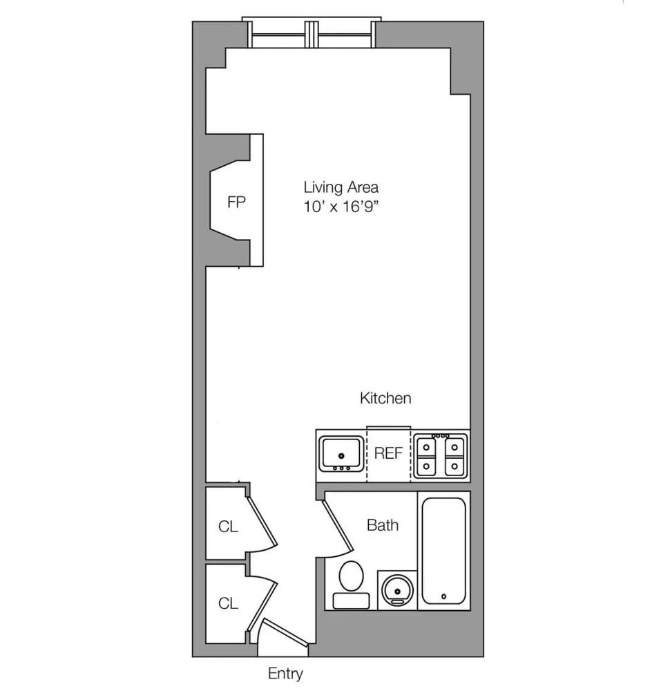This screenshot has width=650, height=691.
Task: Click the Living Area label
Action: point(341,187)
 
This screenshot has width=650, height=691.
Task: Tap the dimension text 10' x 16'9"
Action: point(341,206)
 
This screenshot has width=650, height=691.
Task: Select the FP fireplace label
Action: point(236,203)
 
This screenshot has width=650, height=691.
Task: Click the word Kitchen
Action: point(385,398)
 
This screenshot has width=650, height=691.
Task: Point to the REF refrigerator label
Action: point(388,454)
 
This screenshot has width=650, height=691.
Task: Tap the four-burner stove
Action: point(441,455)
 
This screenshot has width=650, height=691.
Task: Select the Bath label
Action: point(382,525)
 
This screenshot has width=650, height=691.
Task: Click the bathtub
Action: point(443,550)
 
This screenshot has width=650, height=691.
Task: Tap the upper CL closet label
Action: point(228,527)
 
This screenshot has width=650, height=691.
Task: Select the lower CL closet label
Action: point(228,603)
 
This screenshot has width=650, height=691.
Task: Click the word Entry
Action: point(285,673)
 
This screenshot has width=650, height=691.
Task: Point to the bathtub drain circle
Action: point(443,596)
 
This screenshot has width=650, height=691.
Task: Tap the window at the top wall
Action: point(312,32)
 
